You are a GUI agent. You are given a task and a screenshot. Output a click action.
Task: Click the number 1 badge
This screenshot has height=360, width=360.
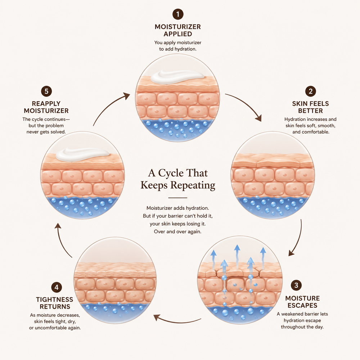point(178,14)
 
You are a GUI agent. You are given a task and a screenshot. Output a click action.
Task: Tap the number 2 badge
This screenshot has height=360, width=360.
point(310,91)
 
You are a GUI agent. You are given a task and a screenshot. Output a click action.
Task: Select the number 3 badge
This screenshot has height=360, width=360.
point(296,285)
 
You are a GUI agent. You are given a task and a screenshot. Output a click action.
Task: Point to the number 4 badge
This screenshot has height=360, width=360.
point(57,287)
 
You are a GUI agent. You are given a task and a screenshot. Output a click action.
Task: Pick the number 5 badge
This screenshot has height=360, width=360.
point(46,91)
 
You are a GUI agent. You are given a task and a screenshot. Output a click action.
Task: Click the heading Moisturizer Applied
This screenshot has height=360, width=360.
point(178,30)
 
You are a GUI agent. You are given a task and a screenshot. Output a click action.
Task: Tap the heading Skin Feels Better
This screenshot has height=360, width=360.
point(310,107)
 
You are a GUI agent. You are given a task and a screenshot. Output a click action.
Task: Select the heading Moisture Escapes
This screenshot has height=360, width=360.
point(302,302)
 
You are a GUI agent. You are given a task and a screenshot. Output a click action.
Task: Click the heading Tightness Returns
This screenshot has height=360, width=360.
point(55,303)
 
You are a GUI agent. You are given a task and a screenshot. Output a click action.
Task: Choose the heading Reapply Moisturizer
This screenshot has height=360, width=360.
point(46,107)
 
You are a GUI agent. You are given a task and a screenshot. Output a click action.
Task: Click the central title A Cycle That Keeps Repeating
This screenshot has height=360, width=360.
point(178,179)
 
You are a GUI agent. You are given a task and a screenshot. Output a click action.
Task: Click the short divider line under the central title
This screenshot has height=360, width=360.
point(178,198)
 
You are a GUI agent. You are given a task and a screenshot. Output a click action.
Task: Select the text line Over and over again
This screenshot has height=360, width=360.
point(178,231)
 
